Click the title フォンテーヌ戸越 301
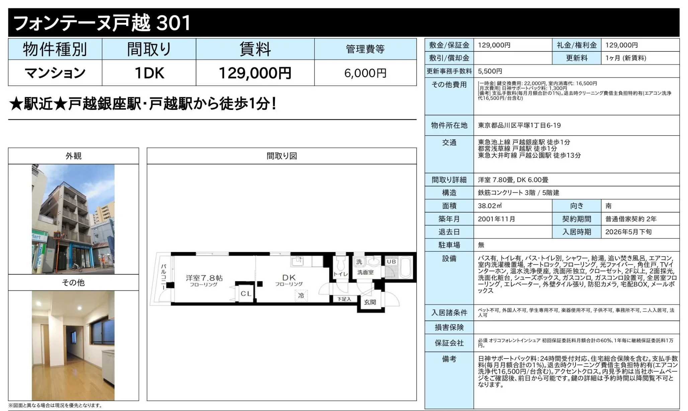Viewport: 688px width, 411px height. click(x=102, y=23)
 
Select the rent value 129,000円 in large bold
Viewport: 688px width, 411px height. click(x=255, y=73)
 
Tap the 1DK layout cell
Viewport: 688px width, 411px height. click(x=149, y=73)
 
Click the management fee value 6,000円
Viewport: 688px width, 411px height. click(x=365, y=73)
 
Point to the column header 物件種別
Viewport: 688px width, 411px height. click(x=55, y=49)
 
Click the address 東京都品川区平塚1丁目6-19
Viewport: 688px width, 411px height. click(x=519, y=125)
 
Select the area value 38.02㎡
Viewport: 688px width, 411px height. click(x=490, y=206)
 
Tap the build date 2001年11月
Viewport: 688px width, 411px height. click(x=496, y=219)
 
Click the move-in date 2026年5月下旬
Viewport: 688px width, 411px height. click(x=628, y=232)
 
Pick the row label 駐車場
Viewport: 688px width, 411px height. click(x=449, y=245)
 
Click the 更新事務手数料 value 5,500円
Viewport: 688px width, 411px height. click(x=490, y=71)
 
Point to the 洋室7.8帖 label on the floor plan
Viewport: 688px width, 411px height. click(x=204, y=278)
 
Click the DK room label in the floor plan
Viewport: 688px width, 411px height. click(x=289, y=278)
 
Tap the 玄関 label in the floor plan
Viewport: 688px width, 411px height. click(x=370, y=302)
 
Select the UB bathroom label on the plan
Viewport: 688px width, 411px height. click(x=391, y=262)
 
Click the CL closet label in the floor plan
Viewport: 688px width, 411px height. click(x=246, y=294)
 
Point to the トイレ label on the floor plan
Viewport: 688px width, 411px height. click(x=340, y=274)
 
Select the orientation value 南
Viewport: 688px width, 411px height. click(x=608, y=206)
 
